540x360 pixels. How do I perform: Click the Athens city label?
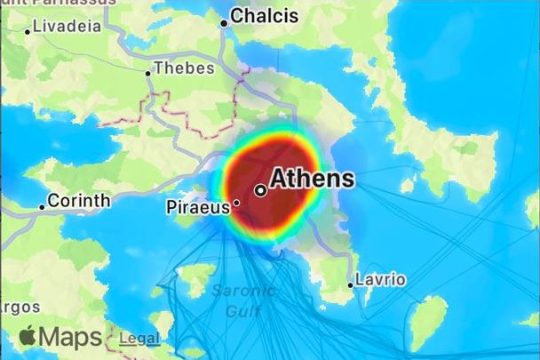312,178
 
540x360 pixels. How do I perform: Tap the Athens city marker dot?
260,189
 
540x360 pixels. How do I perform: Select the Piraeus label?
198,208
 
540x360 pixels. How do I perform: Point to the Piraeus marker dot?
236,203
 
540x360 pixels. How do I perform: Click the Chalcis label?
264,16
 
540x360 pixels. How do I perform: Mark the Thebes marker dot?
147,73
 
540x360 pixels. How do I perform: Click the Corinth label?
78,201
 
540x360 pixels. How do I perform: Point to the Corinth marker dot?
42,207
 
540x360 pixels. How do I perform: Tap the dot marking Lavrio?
350,285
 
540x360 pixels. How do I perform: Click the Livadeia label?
67,26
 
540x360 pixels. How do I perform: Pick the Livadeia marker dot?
28,31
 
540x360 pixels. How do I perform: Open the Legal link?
139,338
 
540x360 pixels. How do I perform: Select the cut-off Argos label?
20,307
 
